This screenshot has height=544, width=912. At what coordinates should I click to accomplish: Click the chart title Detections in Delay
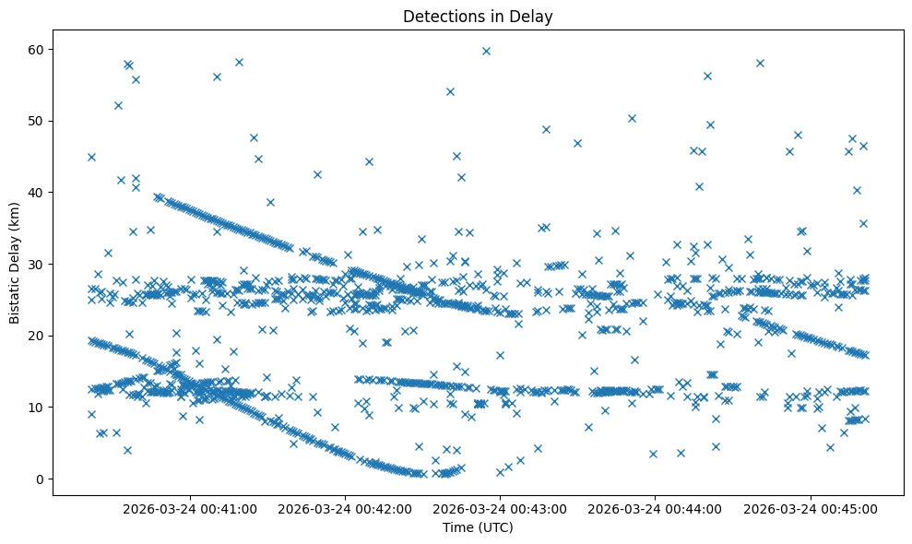coord(478,16)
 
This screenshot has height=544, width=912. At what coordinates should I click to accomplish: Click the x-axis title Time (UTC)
coord(478,528)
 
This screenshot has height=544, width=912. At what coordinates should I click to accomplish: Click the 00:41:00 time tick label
coord(190,508)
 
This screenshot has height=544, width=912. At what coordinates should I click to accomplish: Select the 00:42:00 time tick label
coord(345,508)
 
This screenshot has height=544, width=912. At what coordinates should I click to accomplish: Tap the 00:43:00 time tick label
coord(500,508)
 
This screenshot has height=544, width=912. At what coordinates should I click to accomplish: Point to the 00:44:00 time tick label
coord(655,508)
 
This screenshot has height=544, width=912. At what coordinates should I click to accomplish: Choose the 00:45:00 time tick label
coord(810,508)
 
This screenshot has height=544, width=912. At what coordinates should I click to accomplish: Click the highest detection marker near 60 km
coord(486,51)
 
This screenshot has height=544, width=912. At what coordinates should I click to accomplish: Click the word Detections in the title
coord(440,16)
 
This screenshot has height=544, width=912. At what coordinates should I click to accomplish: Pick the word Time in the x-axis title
coord(458,528)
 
